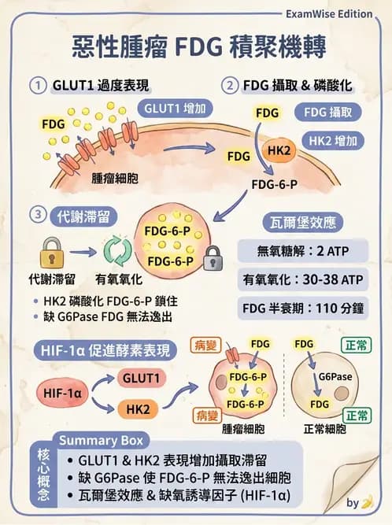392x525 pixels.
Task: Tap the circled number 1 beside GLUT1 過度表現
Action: [37, 85]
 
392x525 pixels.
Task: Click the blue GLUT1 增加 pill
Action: [175, 108]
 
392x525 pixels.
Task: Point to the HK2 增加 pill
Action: [334, 142]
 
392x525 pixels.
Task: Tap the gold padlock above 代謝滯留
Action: [50, 253]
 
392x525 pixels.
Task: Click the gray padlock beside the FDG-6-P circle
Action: [212, 256]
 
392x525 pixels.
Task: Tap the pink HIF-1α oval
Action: [61, 392]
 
